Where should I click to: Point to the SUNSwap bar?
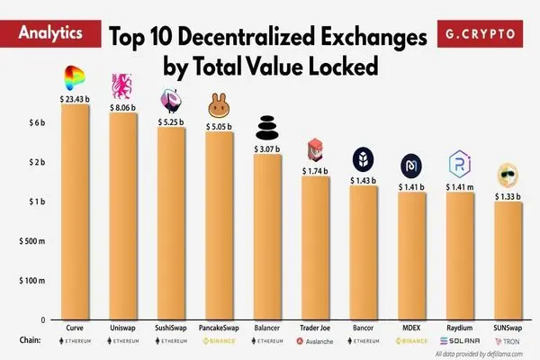[x=509, y=261]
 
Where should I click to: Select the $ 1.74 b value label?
[x=316, y=170]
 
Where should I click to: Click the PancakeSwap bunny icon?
[x=219, y=105]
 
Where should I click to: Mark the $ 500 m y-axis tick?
[x=31, y=241]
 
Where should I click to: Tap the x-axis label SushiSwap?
[x=171, y=328]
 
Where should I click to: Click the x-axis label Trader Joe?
[x=316, y=328]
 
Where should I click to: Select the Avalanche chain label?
[x=316, y=343]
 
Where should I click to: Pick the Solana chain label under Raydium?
[x=461, y=343]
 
